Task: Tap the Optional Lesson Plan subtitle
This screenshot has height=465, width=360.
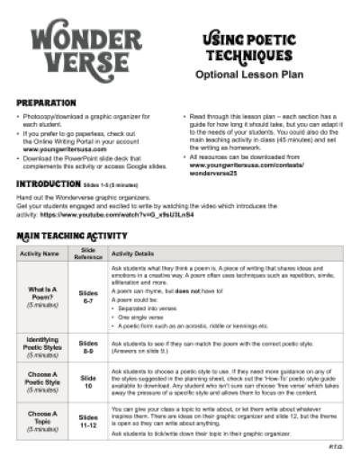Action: [x=254, y=76]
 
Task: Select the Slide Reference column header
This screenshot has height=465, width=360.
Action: [x=88, y=253]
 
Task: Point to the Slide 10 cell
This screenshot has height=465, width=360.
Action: [x=88, y=381]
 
